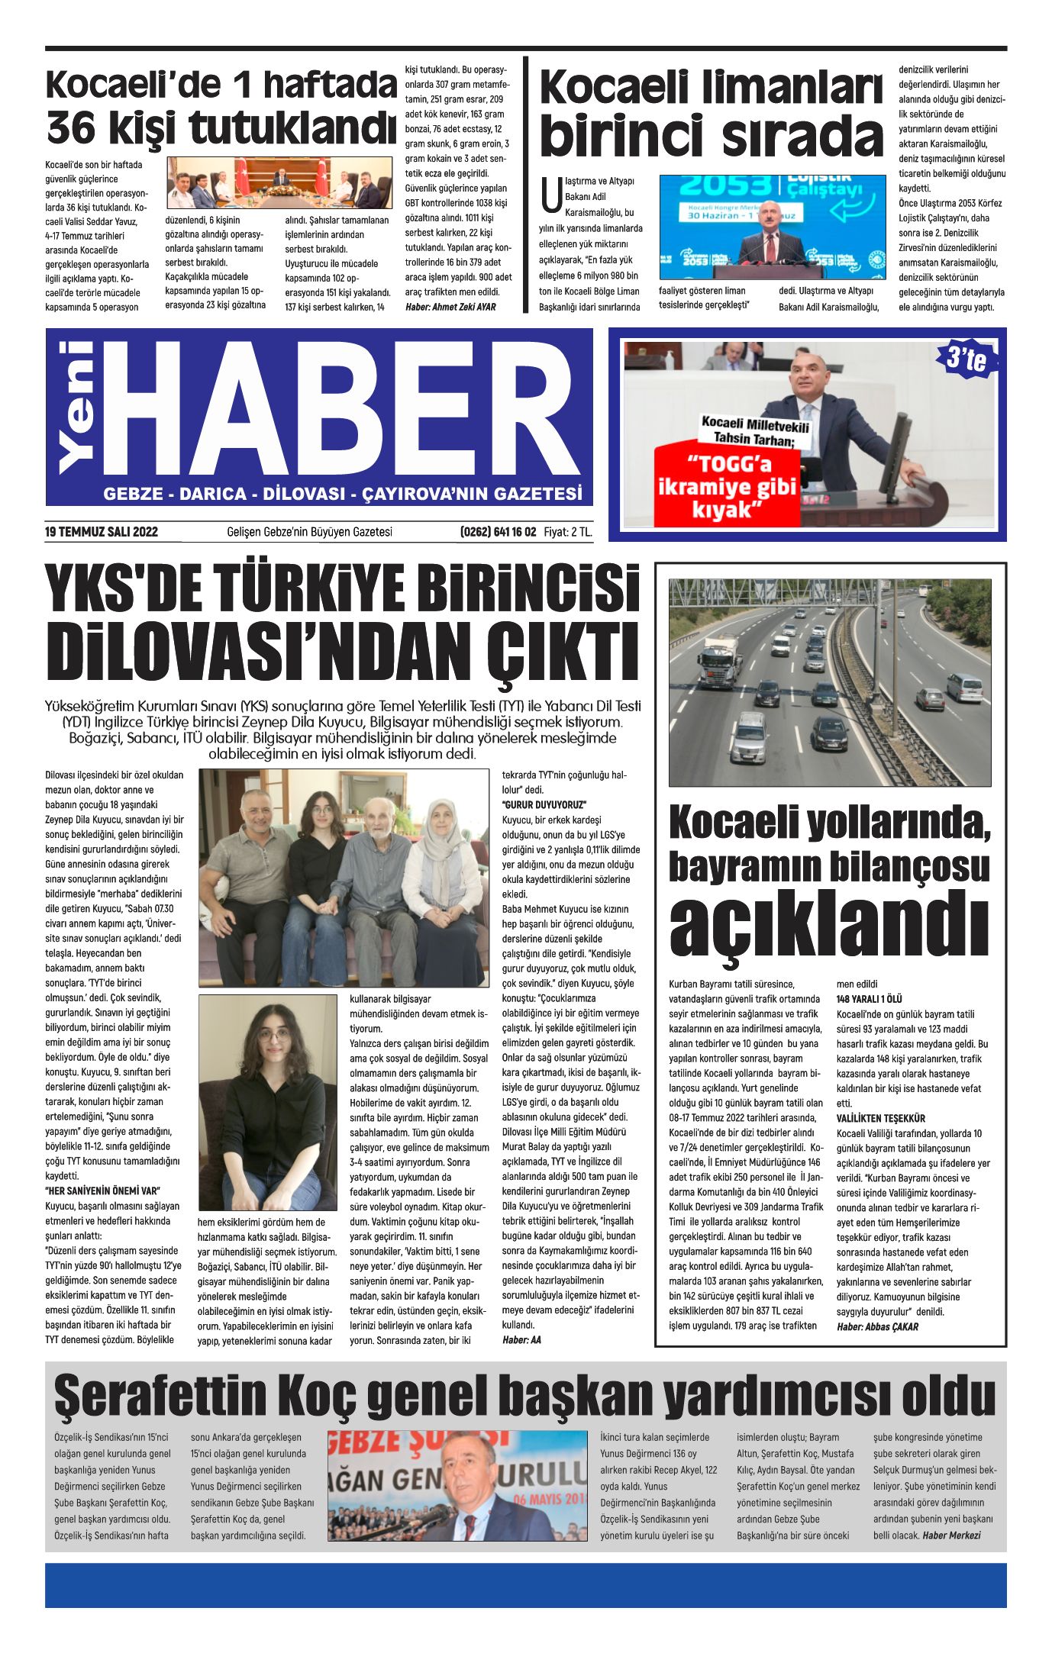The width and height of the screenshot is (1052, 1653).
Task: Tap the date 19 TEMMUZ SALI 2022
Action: pos(102,532)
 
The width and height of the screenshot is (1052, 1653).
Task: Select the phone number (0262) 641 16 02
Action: pos(498,532)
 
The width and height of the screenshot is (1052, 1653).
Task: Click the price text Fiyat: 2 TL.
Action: pos(568,532)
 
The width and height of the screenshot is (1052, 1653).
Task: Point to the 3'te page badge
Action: pos(966,358)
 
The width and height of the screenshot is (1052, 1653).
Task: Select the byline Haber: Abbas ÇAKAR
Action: pos(877,1326)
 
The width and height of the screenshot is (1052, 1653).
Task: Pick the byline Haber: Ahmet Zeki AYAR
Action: pos(450,307)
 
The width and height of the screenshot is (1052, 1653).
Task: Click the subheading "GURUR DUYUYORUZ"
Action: pos(544,804)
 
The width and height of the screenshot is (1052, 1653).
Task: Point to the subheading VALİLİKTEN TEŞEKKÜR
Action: pos(880,1118)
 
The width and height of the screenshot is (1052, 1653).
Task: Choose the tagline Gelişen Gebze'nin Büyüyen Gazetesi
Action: pos(309,532)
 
